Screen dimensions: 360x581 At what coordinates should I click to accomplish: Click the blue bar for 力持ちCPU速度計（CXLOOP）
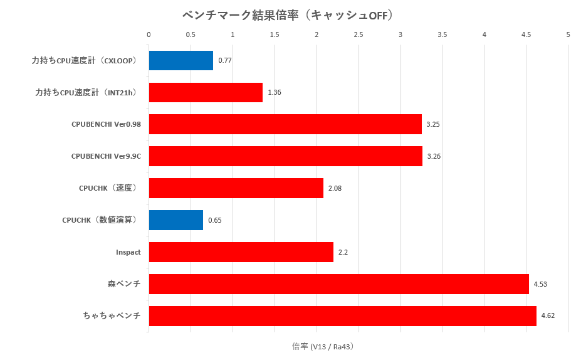coord(181,61)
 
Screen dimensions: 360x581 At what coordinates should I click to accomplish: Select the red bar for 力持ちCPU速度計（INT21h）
coord(206,93)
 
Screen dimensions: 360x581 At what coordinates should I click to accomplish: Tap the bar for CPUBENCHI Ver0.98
coord(285,124)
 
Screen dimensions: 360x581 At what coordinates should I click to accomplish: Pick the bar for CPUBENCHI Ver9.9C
coord(285,156)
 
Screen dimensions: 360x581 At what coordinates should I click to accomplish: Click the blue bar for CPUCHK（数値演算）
coord(175,220)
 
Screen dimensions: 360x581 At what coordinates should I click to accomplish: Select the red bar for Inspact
coord(241,252)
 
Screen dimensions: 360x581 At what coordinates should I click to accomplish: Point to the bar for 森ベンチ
coord(338,284)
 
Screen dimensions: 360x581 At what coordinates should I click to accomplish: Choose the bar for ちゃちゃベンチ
coord(342,316)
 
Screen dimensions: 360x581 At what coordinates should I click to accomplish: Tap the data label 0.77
coord(225,61)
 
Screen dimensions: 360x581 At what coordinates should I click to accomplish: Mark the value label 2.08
coord(335,188)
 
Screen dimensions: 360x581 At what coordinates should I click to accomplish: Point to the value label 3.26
coord(434,156)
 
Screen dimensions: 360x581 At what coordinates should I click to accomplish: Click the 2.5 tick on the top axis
coord(359,34)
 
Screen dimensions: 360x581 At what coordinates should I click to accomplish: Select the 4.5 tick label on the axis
coord(526,34)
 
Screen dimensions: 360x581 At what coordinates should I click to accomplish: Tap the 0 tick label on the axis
coord(149,34)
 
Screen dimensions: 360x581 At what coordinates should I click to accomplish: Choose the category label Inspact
coord(128,252)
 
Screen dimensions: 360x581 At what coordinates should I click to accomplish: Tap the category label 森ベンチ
coord(124,284)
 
